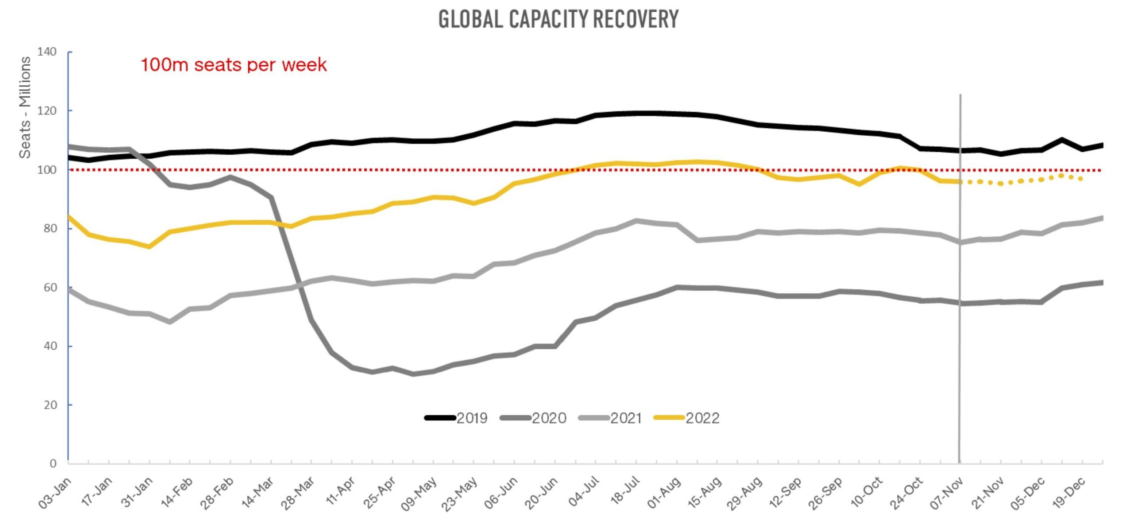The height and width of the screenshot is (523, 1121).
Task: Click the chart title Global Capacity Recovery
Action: coord(558,19)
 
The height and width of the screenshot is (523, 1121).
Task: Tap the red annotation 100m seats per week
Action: coord(233,65)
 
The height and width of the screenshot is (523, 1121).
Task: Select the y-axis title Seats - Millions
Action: coord(25,107)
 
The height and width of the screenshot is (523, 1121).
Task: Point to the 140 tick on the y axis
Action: coord(47,52)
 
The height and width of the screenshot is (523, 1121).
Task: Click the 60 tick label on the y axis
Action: coord(50,288)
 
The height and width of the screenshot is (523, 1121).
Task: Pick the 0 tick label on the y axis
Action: coord(53,463)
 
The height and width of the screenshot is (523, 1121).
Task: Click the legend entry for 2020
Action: coord(533,418)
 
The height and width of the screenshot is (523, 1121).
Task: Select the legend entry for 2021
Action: coord(610,418)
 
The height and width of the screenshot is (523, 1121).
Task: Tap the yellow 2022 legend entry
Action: coord(686,418)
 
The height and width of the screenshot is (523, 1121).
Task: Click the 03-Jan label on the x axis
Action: coord(55,493)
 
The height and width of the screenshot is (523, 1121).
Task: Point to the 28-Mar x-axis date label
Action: coord(297,493)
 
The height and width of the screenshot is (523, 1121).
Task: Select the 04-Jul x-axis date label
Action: coord(581,492)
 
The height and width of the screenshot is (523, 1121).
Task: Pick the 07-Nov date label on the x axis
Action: coord(946,493)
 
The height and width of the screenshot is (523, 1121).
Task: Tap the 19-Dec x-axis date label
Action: coord(1068,493)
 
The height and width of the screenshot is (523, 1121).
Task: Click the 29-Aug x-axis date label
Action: coord(744,493)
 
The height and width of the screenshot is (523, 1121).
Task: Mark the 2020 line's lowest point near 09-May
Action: coord(413,374)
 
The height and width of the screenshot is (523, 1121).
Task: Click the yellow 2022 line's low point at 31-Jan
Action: coord(149,247)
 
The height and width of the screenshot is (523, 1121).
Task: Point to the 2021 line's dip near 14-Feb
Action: coord(170,322)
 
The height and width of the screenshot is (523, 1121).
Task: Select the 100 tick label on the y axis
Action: coord(47,170)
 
